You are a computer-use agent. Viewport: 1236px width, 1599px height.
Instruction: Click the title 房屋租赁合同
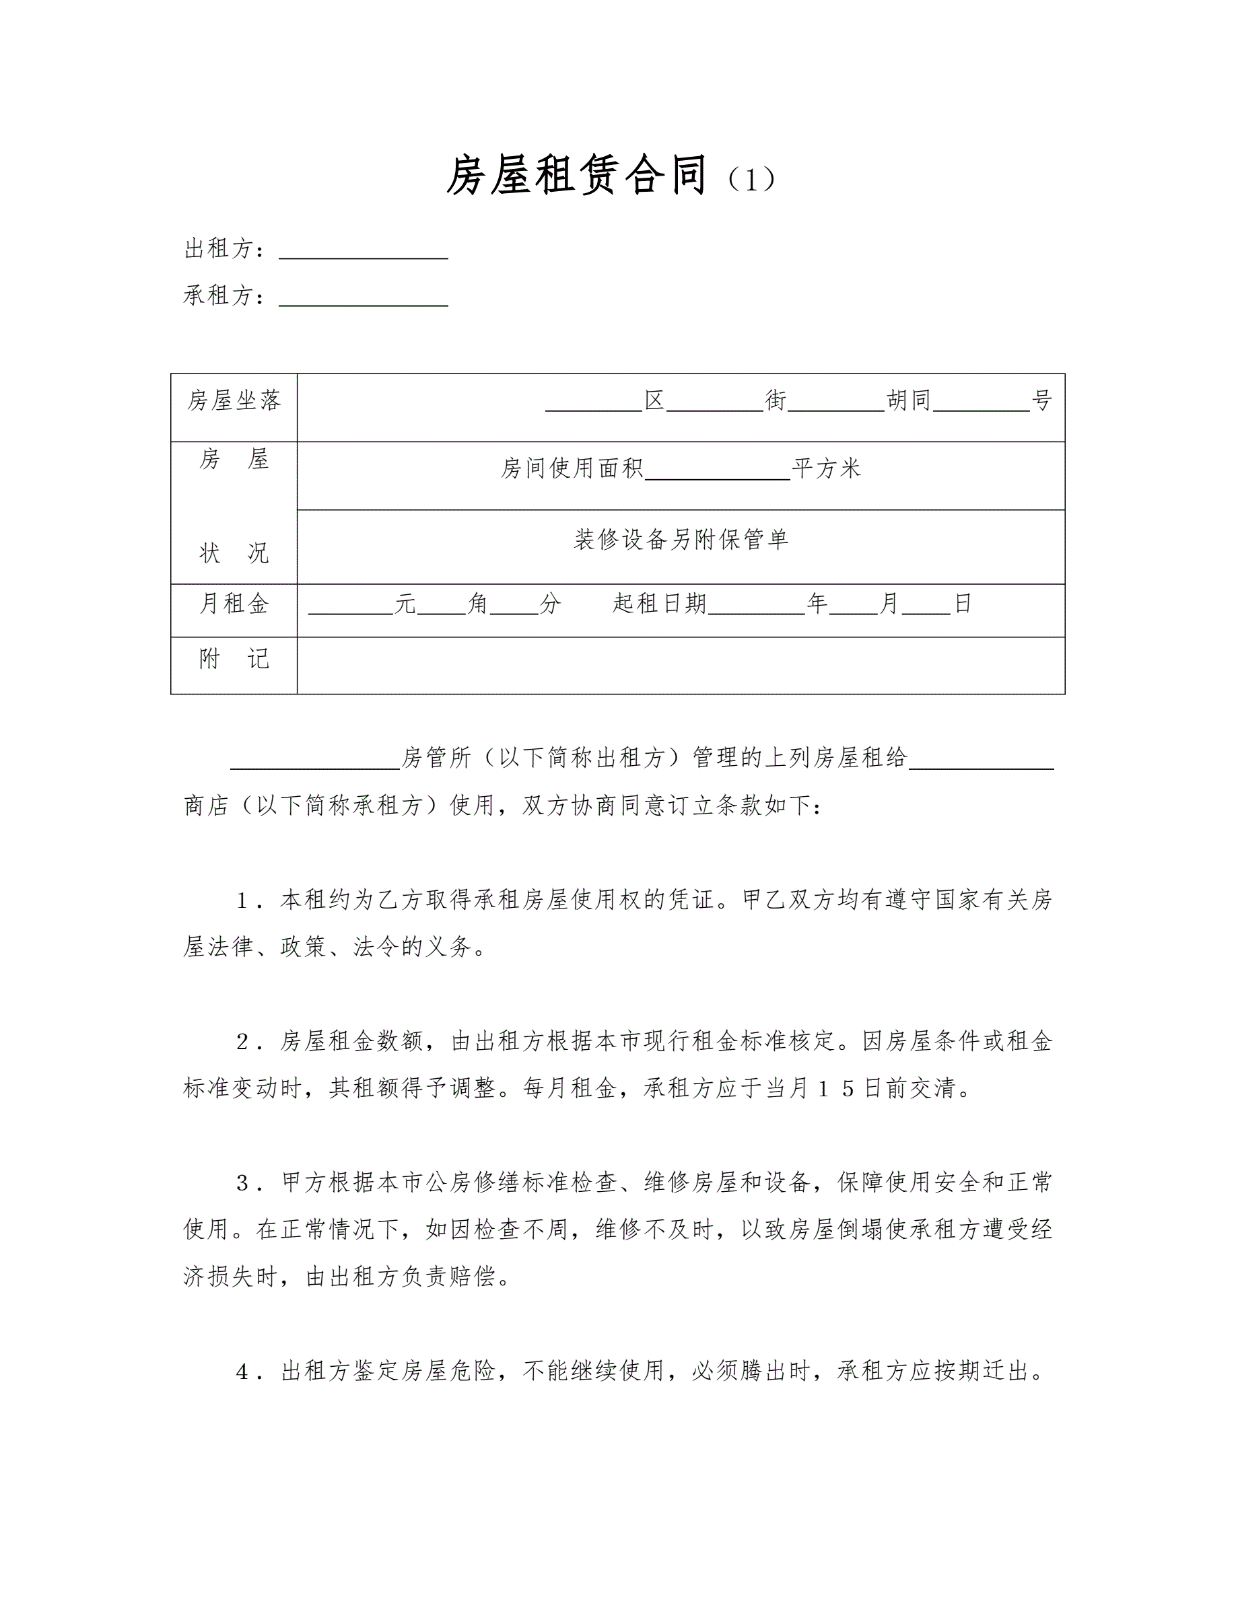[576, 176]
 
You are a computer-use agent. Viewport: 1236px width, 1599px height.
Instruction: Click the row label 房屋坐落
[234, 400]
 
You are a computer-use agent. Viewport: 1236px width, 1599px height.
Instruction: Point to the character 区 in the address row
[654, 400]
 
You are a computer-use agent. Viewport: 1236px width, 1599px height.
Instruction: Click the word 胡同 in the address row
[909, 400]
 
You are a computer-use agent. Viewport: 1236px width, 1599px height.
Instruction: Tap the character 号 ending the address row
[1041, 400]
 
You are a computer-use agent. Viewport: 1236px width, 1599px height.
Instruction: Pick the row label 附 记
[234, 660]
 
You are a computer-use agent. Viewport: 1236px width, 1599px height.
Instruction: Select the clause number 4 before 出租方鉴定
[244, 1372]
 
